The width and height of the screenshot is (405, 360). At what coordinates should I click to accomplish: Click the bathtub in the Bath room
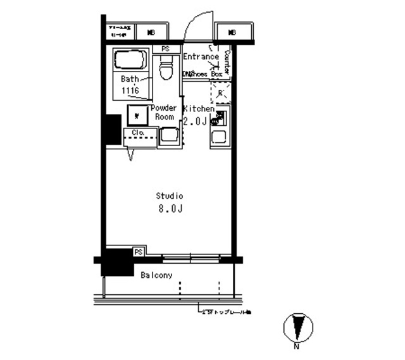[130, 61]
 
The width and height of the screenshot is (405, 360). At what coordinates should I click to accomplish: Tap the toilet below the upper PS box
[166, 68]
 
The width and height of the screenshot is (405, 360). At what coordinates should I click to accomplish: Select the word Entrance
[201, 56]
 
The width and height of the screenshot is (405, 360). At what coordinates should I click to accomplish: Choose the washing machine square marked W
[137, 115]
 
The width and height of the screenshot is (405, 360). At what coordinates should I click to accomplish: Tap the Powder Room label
[164, 113]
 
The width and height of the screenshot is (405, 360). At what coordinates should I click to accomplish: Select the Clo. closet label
[139, 132]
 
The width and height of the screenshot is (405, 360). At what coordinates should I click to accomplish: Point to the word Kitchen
[199, 109]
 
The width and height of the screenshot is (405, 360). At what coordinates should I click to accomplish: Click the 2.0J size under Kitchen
[196, 121]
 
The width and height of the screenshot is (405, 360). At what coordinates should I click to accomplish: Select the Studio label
[170, 196]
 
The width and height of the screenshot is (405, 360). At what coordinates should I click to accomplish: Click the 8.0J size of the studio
[170, 209]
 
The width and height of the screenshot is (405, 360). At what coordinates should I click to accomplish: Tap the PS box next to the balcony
[138, 252]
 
